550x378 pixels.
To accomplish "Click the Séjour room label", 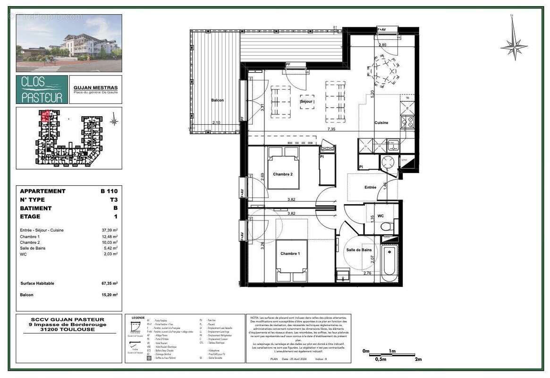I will pos(307,101).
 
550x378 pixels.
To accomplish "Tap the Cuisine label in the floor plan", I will pos(381,122).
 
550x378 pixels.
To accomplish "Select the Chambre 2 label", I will pos(283,174).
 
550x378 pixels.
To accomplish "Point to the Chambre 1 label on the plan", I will pos(289,254).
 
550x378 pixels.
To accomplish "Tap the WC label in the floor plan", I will pos(380,216).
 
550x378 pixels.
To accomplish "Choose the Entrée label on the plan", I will pos(370,187).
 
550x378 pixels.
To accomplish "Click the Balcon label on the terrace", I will pos(217,100).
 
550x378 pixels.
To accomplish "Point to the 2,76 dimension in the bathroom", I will pos(368,273).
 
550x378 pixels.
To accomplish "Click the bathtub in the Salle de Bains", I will pos(390,263).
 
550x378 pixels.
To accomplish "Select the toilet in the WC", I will pos(386,228).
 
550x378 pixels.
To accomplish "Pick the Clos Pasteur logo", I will pos(42,89).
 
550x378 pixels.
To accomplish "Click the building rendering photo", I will pos(69,43).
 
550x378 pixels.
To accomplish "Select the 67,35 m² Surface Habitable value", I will pos(109,283).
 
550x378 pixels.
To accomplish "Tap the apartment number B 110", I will pos(109,191).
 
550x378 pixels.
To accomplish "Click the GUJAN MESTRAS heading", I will pos(95,88).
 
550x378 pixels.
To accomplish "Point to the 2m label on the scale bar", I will pos(417,360).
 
